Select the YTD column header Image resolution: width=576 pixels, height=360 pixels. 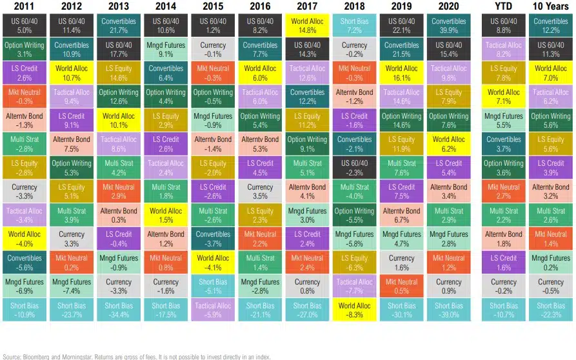coord(504,6)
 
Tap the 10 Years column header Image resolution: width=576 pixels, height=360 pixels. coord(550,6)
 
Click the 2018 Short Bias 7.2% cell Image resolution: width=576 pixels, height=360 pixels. coord(354,26)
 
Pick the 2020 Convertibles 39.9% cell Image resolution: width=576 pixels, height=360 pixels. coord(448,26)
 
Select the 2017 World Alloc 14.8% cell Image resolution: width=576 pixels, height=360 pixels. coord(307,26)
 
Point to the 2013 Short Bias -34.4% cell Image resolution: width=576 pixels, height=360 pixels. coord(118,310)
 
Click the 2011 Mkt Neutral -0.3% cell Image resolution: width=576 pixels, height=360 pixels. coord(24,97)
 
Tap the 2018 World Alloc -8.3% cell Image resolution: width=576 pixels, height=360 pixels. coord(354,310)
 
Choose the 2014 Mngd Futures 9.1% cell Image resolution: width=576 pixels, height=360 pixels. coord(166,50)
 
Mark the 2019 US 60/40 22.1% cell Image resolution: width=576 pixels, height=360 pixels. coord(401,26)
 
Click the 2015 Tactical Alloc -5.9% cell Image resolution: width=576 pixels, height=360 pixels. coord(213,310)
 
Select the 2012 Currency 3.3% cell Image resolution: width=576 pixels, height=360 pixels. coord(71,239)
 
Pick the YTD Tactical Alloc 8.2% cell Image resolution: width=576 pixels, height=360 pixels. coord(504,50)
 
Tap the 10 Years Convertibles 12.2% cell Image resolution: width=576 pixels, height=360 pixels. coord(550,26)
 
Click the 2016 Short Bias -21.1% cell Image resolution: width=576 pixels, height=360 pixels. coord(260,310)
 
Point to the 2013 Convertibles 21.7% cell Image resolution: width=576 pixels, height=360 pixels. coord(118,26)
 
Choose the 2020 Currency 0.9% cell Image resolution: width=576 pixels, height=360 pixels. coord(448,286)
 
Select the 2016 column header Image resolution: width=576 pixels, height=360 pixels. coord(259,6)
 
